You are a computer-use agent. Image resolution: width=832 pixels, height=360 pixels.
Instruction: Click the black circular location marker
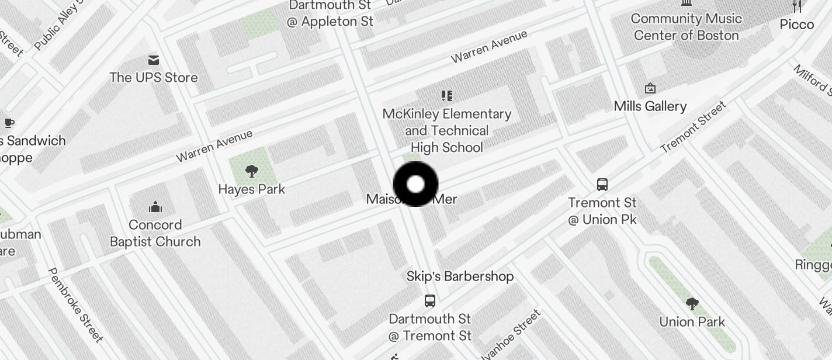[415, 185]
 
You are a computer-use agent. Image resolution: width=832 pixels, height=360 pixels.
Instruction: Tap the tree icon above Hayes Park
[252, 171]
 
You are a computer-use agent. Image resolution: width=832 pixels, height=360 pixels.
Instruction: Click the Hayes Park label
[252, 189]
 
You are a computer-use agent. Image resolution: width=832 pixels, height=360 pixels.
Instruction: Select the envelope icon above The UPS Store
[154, 60]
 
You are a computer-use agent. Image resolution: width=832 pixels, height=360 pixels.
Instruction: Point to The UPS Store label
[154, 77]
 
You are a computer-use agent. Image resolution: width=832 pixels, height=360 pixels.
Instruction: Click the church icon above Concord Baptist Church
[155, 207]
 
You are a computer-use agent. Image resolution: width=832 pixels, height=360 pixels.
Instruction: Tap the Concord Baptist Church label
[155, 233]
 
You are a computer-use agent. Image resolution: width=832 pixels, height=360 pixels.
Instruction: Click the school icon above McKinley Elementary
[447, 96]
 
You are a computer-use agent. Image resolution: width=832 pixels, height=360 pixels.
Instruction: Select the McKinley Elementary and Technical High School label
[447, 130]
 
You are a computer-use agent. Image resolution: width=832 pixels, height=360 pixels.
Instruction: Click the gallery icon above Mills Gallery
[650, 89]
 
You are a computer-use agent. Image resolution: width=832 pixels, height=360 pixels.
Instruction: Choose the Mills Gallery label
[650, 106]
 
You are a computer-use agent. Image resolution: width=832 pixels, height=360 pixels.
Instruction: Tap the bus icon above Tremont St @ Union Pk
[602, 185]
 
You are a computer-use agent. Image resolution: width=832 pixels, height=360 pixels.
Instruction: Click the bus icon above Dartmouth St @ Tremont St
[430, 301]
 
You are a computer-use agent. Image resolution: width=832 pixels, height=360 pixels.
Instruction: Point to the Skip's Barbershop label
[460, 276]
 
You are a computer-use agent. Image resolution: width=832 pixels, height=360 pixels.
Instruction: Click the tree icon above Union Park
[692, 304]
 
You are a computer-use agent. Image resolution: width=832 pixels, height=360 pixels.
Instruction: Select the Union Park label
[692, 322]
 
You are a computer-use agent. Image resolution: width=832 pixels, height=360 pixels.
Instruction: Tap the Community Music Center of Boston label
[687, 27]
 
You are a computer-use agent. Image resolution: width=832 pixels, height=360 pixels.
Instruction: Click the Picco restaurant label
[797, 25]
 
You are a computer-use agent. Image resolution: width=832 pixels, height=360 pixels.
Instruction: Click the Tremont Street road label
[694, 127]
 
